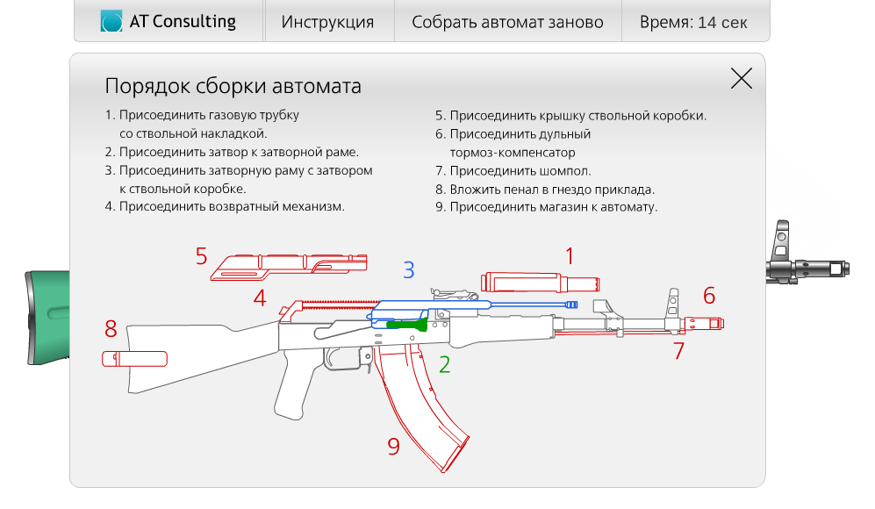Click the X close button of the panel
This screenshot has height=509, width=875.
741,79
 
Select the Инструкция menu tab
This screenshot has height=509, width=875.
327,22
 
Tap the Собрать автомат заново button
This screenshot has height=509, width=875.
507,22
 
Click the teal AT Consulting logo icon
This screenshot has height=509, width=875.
111,21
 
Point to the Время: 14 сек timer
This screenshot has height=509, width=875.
693,22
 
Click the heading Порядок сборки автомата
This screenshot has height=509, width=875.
233,86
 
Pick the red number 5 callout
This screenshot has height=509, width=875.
202,256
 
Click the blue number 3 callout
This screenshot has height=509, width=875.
409,270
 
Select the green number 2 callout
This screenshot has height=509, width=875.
444,364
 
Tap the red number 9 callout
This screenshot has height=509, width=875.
393,447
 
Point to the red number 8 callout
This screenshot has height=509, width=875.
111,329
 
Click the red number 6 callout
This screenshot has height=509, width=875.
709,296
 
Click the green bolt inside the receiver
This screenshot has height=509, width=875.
407,324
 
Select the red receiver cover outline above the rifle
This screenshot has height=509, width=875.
289,267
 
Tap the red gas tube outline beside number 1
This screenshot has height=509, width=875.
540,283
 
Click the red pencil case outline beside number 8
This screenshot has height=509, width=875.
134,359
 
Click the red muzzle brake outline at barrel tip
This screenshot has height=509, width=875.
704,323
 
